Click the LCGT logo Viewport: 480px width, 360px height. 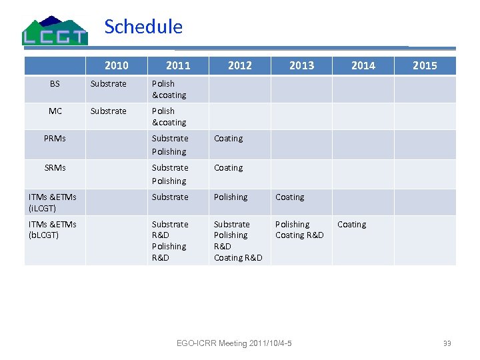[x=55, y=31]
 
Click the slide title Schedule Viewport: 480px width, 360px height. [x=143, y=27]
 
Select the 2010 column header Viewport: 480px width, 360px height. [x=117, y=65]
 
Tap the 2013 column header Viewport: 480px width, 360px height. [x=301, y=65]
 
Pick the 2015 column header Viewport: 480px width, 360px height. [x=425, y=65]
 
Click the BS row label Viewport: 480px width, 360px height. [x=55, y=84]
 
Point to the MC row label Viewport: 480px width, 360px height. [x=55, y=111]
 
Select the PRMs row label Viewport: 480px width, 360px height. [x=55, y=139]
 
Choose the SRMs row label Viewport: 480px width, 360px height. [x=55, y=168]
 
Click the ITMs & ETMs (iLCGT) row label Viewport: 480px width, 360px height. [x=53, y=203]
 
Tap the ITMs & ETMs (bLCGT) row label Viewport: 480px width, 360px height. [x=53, y=229]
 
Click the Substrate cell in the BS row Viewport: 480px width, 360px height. [x=109, y=84]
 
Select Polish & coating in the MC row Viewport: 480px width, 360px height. [x=169, y=117]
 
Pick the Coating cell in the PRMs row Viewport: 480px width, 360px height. [x=229, y=139]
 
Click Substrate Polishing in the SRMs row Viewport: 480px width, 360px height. [x=169, y=174]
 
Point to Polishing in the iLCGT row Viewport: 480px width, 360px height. [x=231, y=197]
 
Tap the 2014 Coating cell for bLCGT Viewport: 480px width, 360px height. [x=352, y=225]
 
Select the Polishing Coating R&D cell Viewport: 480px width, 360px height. [x=299, y=229]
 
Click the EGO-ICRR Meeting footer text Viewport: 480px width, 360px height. [x=234, y=343]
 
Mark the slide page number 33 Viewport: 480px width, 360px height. [x=447, y=343]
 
